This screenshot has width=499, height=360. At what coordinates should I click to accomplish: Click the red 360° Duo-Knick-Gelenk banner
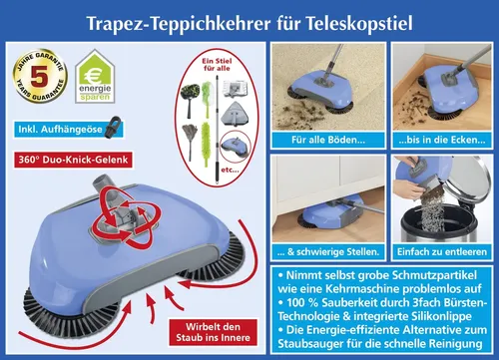pyautogui.click(x=74, y=159)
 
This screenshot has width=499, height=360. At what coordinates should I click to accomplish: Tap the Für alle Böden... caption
pyautogui.click(x=325, y=140)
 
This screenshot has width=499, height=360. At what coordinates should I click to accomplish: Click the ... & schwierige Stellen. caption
pyautogui.click(x=325, y=253)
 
